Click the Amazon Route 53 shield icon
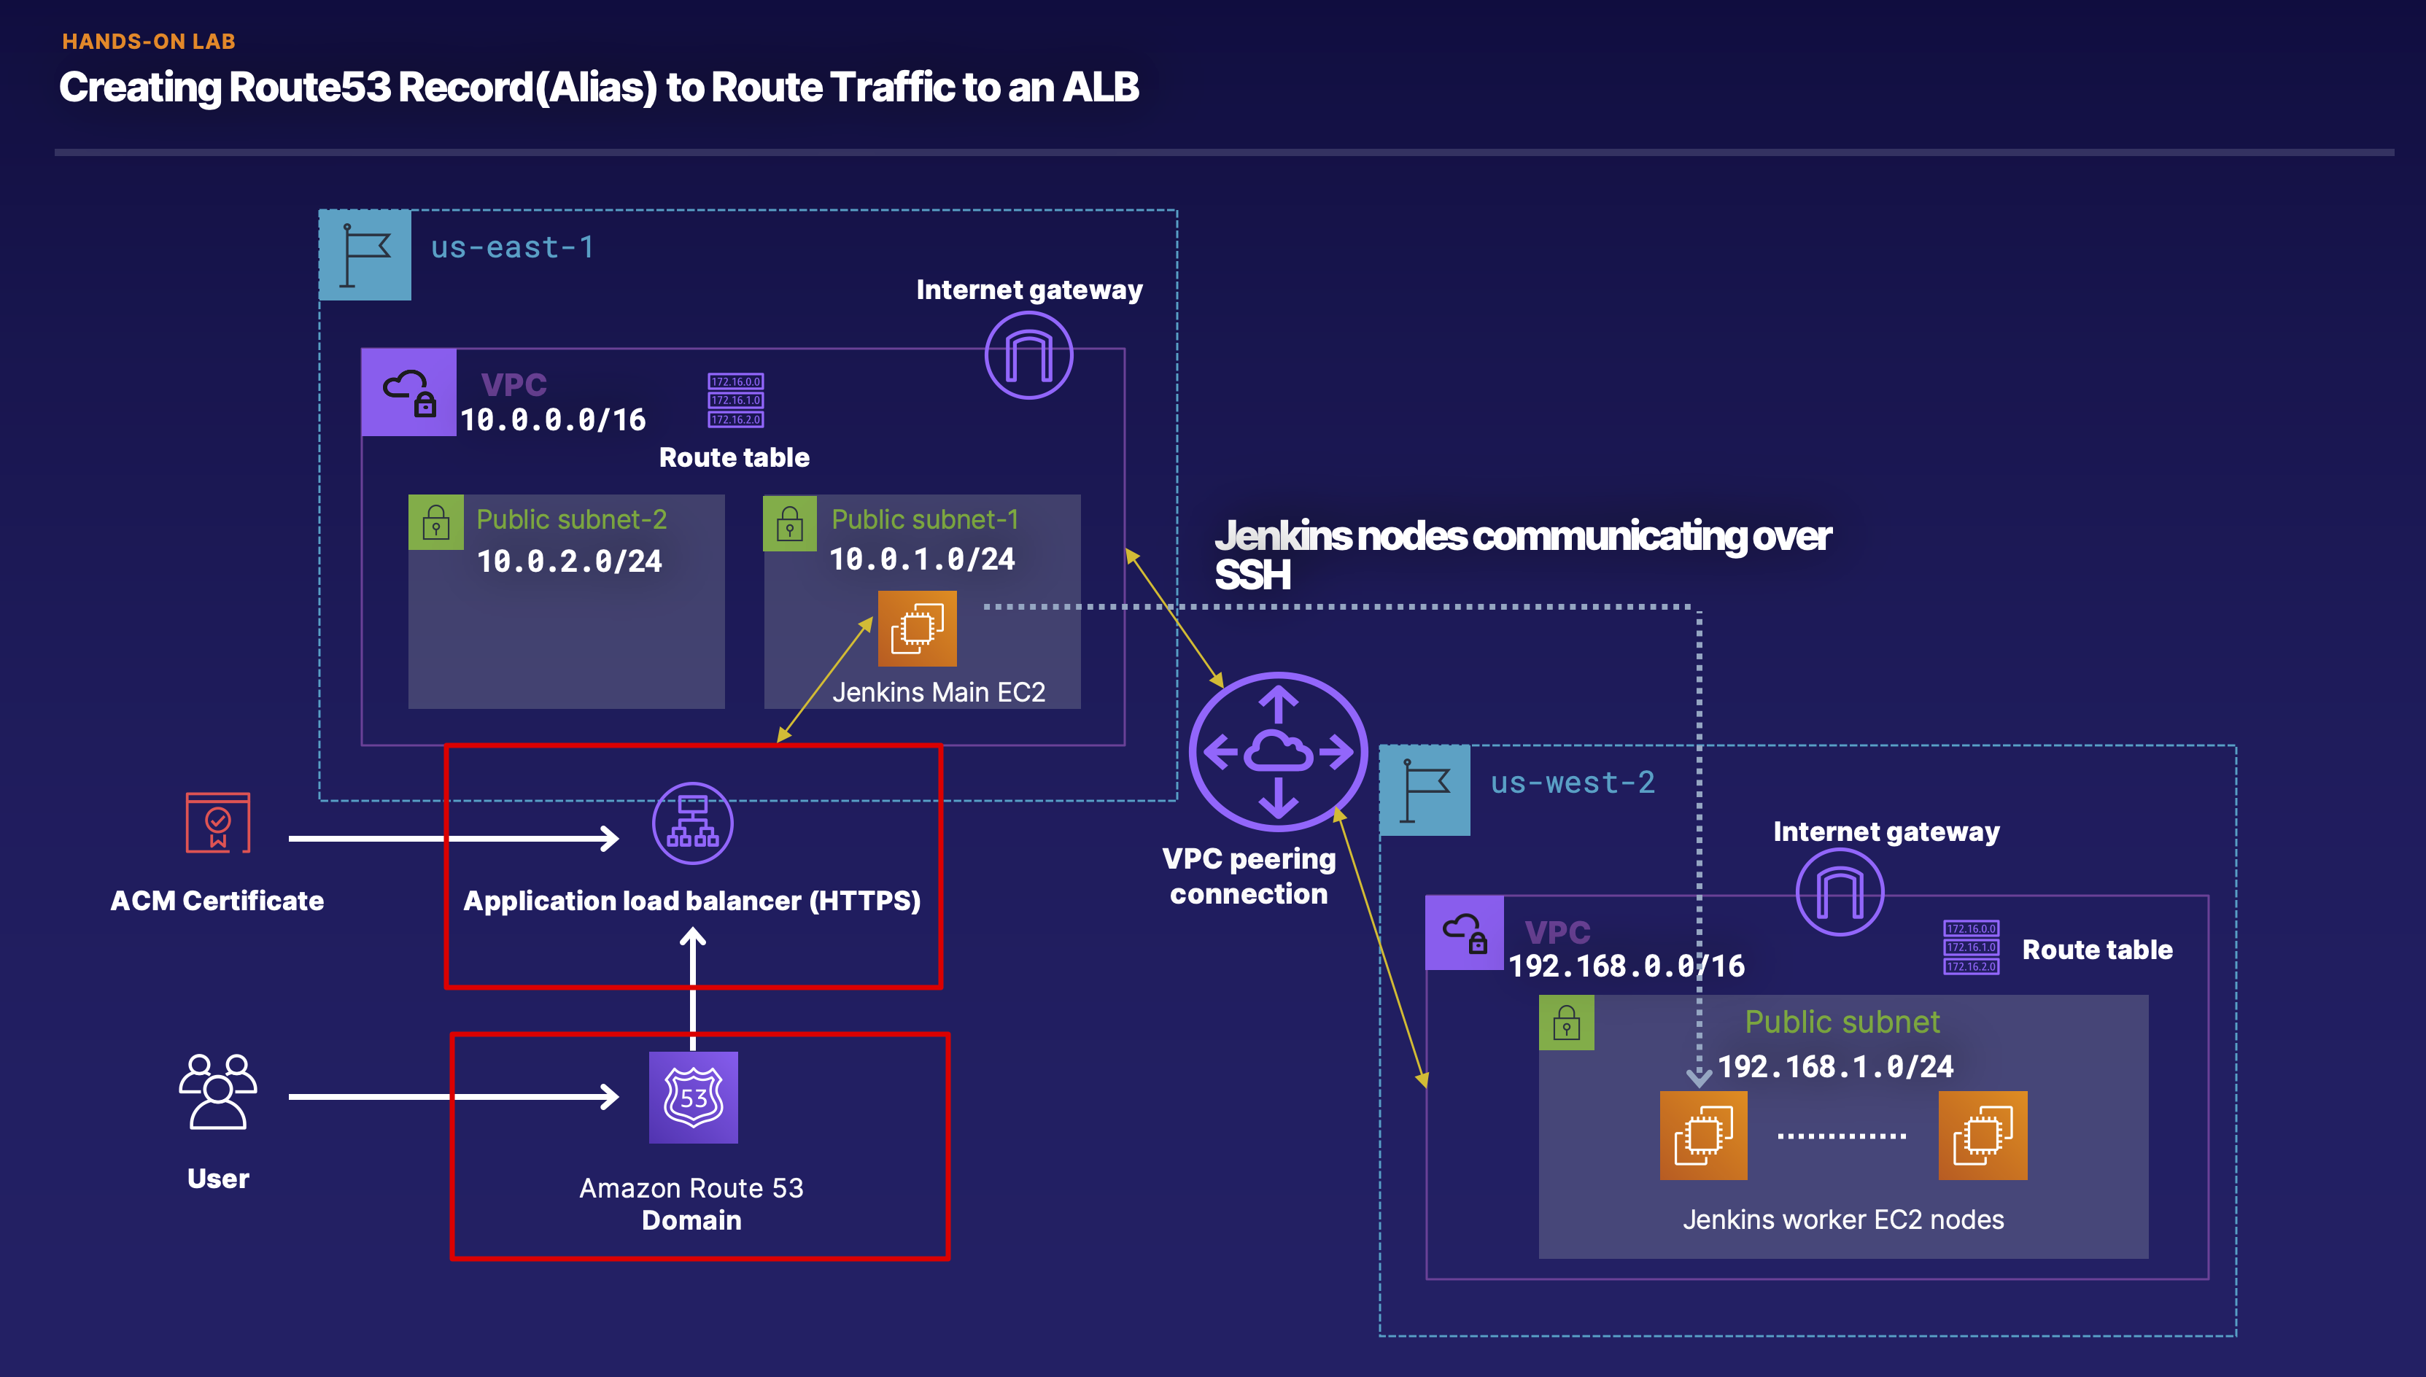click(693, 1097)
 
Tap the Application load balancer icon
click(692, 823)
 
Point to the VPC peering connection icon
click(1278, 752)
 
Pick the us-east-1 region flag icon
click(365, 255)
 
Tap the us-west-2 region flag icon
click(1425, 791)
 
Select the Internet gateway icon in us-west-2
click(1840, 892)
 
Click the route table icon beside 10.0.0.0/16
click(736, 400)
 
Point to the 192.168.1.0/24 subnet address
click(1835, 1067)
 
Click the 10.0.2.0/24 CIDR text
click(570, 561)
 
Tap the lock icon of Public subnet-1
click(790, 523)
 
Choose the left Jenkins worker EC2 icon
click(1703, 1135)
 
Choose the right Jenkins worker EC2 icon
click(1983, 1135)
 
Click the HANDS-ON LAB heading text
click(149, 42)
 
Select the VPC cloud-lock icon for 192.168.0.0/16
click(1464, 933)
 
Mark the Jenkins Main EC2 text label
click(938, 692)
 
